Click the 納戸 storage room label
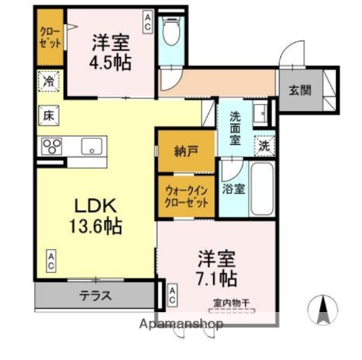(187, 151)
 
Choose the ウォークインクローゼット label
(187, 196)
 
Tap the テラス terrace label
(96, 295)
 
